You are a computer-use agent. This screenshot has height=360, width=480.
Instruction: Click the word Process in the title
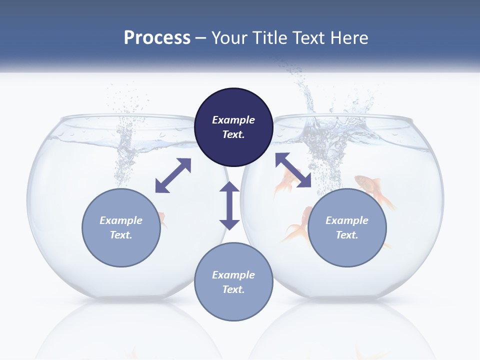pyautogui.click(x=157, y=38)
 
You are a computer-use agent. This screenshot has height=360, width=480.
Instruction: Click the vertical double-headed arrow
pyautogui.click(x=229, y=205)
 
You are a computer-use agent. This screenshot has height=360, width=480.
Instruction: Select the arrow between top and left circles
pyautogui.click(x=173, y=175)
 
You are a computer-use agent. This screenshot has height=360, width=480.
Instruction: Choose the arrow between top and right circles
pyautogui.click(x=293, y=170)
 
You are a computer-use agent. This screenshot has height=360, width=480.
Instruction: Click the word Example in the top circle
pyautogui.click(x=233, y=120)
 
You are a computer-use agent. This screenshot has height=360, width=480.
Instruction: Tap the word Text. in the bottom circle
pyautogui.click(x=233, y=289)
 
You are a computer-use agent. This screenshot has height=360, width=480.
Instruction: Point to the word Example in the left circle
pyautogui.click(x=121, y=220)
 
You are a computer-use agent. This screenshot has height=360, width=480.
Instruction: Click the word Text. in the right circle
pyautogui.click(x=347, y=235)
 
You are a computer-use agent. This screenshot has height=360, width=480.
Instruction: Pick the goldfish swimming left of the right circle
pyautogui.click(x=299, y=225)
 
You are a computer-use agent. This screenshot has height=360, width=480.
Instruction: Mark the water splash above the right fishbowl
pyautogui.click(x=310, y=100)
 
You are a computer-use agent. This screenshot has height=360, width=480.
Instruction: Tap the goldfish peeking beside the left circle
pyautogui.click(x=162, y=218)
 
